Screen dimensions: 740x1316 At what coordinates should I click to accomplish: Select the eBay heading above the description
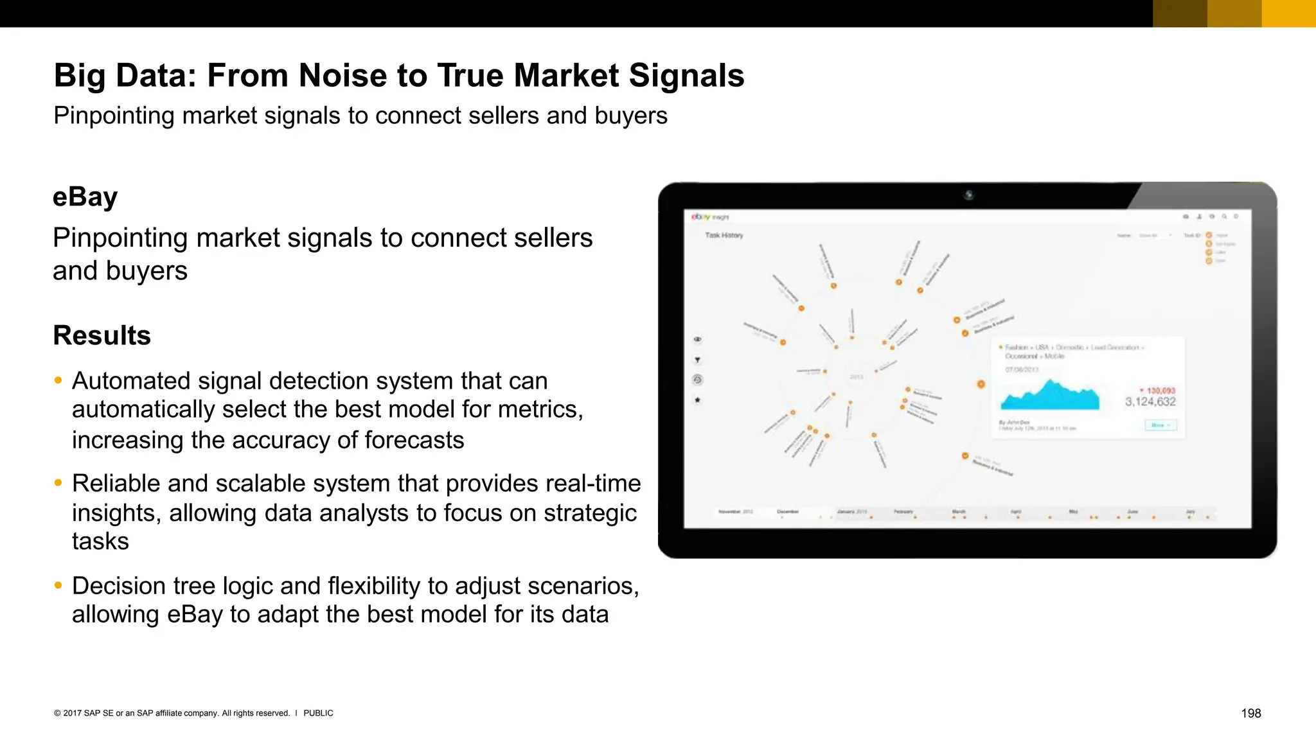(x=85, y=197)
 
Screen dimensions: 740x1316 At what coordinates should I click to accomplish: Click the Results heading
(x=102, y=335)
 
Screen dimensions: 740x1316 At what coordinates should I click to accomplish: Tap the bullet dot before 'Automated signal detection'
(x=58, y=380)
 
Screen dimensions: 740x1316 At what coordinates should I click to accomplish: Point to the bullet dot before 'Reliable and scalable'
(x=58, y=482)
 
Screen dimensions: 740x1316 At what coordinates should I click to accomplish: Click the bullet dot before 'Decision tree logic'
(x=58, y=585)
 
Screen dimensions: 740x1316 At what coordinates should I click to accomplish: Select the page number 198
(x=1250, y=713)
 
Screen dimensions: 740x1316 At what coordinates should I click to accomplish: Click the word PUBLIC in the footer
(x=318, y=713)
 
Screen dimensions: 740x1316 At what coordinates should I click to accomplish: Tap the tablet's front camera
(x=968, y=195)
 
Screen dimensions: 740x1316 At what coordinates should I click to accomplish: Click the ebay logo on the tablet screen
(x=700, y=217)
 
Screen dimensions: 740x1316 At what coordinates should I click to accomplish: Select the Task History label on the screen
(x=724, y=235)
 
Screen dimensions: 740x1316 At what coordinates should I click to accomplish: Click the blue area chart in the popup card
(x=1050, y=397)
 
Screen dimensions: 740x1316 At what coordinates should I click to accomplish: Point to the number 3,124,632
(x=1150, y=402)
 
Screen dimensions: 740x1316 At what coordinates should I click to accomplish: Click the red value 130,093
(x=1160, y=391)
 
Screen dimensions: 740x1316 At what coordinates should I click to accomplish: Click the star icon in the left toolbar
(x=697, y=400)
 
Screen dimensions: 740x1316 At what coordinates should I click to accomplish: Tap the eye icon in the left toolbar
(x=697, y=339)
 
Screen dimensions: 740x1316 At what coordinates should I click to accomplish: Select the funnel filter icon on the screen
(x=697, y=360)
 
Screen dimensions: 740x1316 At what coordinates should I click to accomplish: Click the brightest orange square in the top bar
(x=1288, y=13)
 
